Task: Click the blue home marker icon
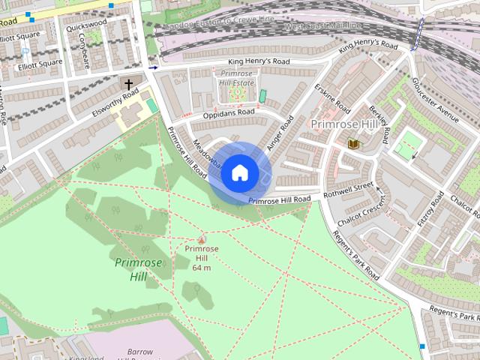[x=239, y=173]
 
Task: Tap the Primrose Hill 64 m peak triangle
[x=201, y=239]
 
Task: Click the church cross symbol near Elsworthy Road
[x=128, y=83]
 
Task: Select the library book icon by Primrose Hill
[x=353, y=142]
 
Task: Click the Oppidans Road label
[x=229, y=113]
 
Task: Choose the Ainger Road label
[x=279, y=132]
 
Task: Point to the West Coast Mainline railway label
[x=324, y=26]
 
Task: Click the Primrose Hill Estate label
[x=237, y=78]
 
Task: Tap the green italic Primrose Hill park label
[x=131, y=270]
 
